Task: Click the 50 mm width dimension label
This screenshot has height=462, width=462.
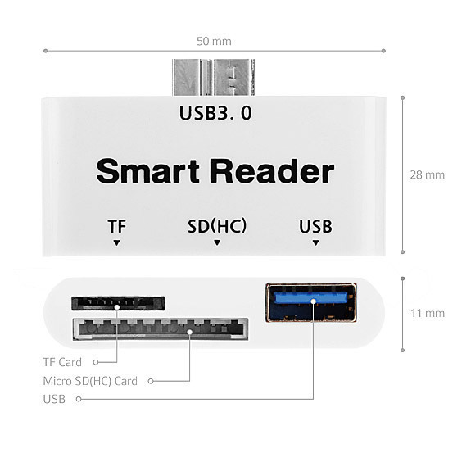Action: click(x=214, y=41)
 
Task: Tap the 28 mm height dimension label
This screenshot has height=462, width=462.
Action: click(x=427, y=174)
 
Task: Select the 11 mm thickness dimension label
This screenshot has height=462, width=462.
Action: click(x=428, y=313)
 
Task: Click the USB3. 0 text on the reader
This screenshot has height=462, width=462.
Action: click(x=215, y=113)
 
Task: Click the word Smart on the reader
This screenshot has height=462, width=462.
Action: click(x=148, y=171)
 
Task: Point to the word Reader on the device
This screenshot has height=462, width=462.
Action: click(x=272, y=171)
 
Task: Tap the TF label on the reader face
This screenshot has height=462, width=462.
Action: click(x=116, y=226)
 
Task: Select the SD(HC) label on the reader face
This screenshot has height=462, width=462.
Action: click(x=217, y=226)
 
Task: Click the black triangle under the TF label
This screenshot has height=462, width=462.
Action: click(x=116, y=242)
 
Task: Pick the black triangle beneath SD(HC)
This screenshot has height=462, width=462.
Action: click(x=217, y=242)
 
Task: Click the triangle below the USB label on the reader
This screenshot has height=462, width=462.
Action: click(x=315, y=242)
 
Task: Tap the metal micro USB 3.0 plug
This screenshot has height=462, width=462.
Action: click(x=214, y=78)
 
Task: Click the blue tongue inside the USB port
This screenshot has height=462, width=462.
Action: click(x=310, y=297)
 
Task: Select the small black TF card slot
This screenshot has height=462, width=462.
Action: click(x=118, y=303)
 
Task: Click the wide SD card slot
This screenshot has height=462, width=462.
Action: click(x=161, y=328)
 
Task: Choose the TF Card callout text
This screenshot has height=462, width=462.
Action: click(x=62, y=362)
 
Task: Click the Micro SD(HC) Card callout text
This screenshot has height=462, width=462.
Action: click(x=90, y=381)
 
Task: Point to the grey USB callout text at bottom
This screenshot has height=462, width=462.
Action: click(x=54, y=399)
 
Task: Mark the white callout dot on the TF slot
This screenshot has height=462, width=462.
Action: click(x=117, y=307)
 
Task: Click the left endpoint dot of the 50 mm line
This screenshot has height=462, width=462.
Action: click(x=45, y=51)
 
